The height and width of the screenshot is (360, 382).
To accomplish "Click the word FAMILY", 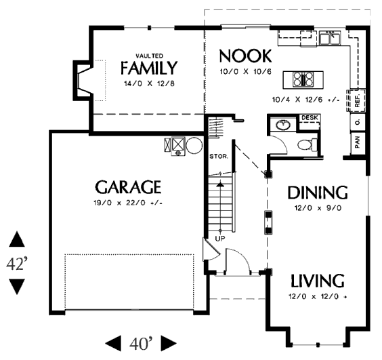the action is coord(149,68).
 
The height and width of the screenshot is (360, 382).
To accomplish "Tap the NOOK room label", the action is coord(245,56).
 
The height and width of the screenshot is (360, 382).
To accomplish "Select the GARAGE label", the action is coord(128,187).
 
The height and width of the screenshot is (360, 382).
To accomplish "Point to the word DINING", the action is coord(318,193).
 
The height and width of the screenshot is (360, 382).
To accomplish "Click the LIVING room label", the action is coord(318,281).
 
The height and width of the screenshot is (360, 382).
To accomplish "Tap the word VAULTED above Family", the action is coord(149,56).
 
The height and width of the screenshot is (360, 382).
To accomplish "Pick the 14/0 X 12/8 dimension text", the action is coord(149,83).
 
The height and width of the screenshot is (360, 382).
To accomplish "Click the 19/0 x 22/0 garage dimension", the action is coord(128,203).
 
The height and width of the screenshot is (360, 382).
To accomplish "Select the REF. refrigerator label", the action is coord(358,101).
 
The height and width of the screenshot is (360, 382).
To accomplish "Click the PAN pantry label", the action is coord(358,142).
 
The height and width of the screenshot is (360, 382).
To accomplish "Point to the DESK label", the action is coord(310,117).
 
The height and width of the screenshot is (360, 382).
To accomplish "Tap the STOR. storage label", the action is coord(219,156).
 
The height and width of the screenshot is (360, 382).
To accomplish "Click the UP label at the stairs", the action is coord(220,239).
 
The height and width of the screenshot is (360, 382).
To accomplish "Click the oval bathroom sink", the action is coord(283,125).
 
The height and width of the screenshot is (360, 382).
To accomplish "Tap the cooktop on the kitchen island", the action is coord(303,79).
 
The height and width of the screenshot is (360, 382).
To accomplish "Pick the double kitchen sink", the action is coord(330,37).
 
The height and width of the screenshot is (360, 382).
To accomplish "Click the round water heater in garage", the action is coord(194,146).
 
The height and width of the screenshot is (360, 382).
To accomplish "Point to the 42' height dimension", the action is coord(17,263).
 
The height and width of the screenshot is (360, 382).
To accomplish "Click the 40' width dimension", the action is coord(141,343).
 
